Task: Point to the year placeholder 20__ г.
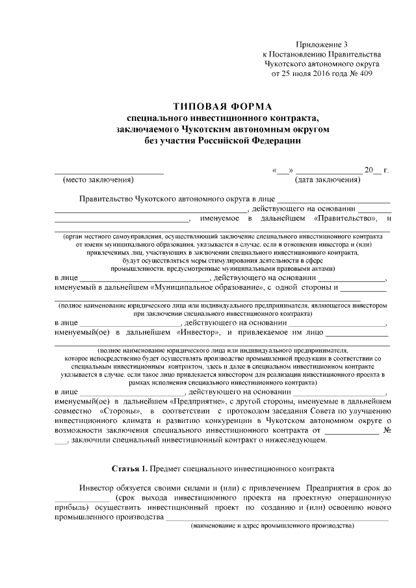pos(376,170)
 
